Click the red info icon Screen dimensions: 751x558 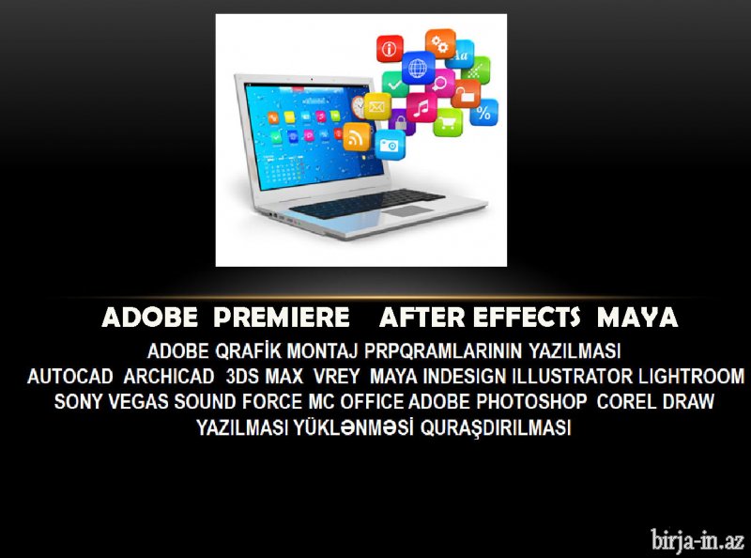click(x=390, y=49)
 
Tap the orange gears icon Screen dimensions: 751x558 click(x=440, y=43)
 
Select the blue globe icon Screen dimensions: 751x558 click(x=418, y=68)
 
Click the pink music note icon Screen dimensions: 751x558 click(x=421, y=107)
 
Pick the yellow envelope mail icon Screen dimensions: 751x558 click(x=377, y=106)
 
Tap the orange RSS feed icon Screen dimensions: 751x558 click(x=357, y=136)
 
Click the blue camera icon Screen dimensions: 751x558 click(x=390, y=145)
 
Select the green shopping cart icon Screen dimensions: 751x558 click(x=448, y=122)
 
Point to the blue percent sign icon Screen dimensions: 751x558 click(x=483, y=112)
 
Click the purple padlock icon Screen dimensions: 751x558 click(x=401, y=122)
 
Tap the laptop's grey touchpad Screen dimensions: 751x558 click(x=409, y=211)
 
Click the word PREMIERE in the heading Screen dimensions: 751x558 click(x=282, y=318)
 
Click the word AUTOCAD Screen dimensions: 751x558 click(x=69, y=377)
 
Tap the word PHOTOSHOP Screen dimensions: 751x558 click(x=531, y=402)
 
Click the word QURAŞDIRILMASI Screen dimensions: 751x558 click(x=496, y=427)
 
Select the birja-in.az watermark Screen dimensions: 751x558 click(x=697, y=540)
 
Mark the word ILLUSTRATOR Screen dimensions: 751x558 click(x=573, y=377)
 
